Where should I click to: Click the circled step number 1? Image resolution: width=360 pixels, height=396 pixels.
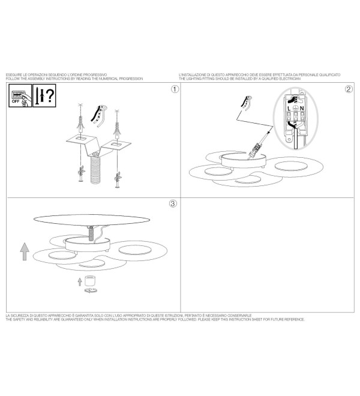tap(175, 89)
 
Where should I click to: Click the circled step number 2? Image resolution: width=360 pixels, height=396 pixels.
tap(349, 89)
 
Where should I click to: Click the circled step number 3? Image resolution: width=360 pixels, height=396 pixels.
tap(173, 203)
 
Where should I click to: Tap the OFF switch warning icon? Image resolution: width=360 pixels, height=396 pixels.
tap(20, 95)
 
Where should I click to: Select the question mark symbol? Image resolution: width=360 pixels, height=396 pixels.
tap(50, 95)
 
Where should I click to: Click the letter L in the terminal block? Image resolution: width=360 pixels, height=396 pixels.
tap(289, 109)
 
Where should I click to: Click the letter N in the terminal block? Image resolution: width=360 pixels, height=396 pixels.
tap(302, 109)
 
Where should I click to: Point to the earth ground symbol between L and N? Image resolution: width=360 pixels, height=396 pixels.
tap(295, 109)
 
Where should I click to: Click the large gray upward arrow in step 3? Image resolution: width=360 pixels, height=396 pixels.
tap(25, 251)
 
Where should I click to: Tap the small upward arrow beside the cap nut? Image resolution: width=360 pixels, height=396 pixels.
tap(80, 281)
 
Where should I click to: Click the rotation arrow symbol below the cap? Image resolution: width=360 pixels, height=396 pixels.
tap(91, 290)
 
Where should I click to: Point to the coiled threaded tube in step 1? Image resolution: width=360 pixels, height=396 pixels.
tap(95, 168)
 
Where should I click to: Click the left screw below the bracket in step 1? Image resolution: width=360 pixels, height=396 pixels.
tap(81, 174)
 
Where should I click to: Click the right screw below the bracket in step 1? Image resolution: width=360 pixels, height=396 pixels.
tap(118, 180)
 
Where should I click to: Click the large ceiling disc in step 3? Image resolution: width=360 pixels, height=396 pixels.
tap(92, 220)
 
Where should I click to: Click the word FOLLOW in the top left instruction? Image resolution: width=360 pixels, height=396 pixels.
tap(11, 79)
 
